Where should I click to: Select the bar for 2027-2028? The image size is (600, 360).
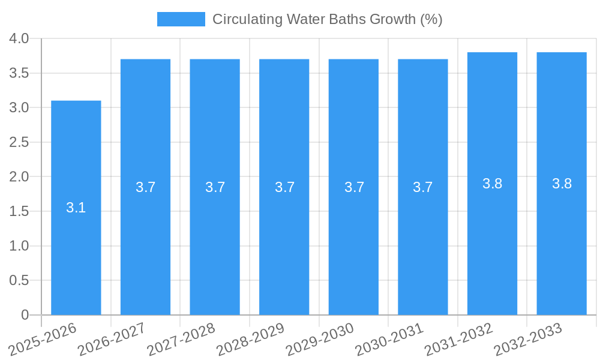coord(215,240)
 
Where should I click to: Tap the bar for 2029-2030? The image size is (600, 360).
coord(353,240)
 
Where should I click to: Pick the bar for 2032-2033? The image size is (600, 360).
coord(562,240)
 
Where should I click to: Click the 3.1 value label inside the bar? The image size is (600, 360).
coord(76,208)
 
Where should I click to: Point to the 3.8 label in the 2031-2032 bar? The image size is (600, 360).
coord(492,184)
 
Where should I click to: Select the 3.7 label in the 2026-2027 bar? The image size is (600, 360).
coord(145,187)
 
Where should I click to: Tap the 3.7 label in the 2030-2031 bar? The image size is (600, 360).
coord(422,187)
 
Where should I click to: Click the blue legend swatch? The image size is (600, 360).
coord(181,19)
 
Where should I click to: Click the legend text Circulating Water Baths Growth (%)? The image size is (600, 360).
coord(327,19)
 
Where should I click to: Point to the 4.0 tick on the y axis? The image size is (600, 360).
coord(19,38)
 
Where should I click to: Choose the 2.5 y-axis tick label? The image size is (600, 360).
coord(19,142)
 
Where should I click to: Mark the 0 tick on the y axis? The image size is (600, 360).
coord(25,315)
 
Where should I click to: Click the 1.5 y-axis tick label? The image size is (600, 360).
coord(19,211)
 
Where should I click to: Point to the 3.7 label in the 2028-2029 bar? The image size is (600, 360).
coord(284,187)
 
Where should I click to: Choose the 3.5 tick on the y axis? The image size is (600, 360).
coord(19,73)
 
